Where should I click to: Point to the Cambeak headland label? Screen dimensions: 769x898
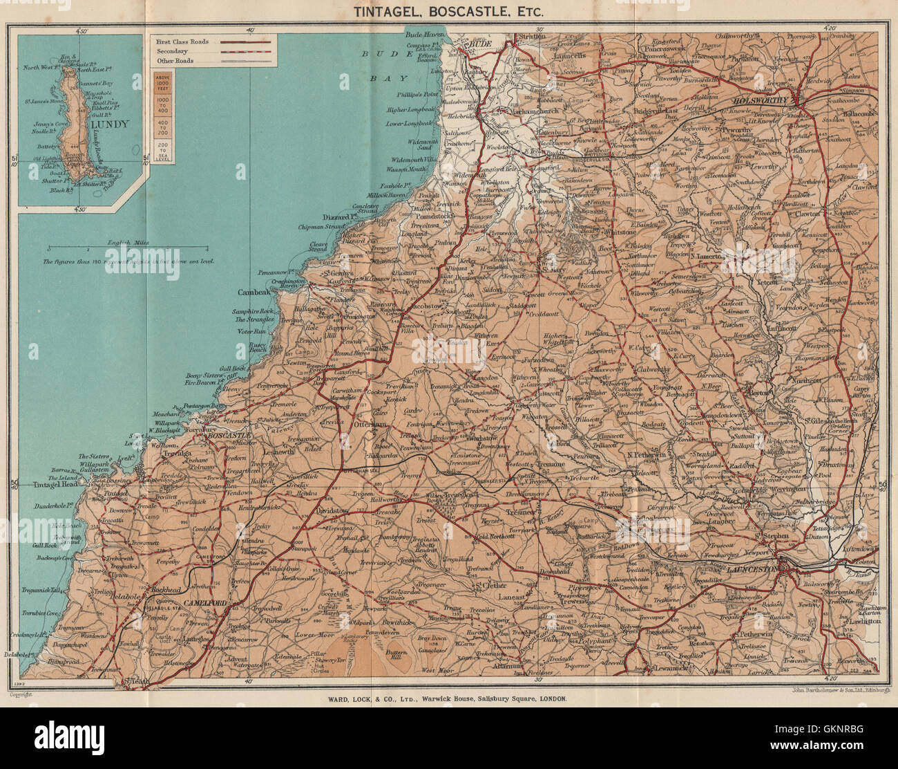(x=248, y=292)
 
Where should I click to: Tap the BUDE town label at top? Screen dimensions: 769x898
(x=478, y=44)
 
